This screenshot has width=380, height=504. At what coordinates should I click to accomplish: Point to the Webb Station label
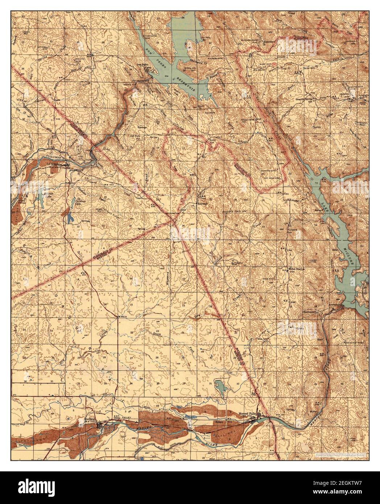click(x=297, y=269)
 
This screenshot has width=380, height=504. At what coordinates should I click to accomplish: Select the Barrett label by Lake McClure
click(x=318, y=210)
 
